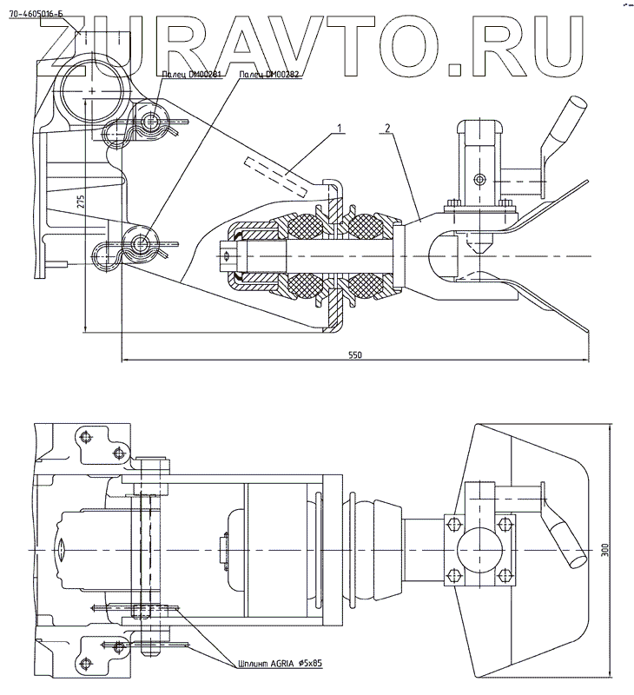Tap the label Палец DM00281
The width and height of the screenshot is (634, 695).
tap(192, 76)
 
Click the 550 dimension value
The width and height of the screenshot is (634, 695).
tap(354, 355)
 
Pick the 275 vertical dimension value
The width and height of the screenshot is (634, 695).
tap(81, 202)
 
